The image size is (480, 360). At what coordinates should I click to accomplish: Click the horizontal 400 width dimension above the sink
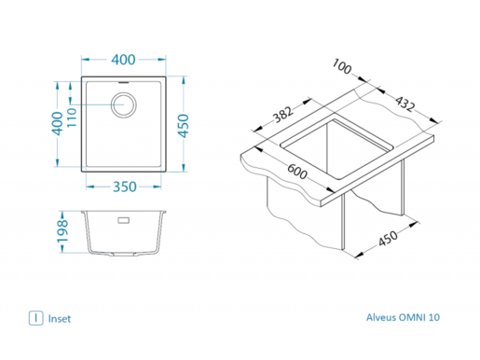[124, 60]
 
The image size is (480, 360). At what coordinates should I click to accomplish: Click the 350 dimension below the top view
[124, 187]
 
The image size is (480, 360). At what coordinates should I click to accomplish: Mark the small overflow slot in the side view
[123, 222]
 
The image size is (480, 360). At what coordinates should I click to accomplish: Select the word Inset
[60, 318]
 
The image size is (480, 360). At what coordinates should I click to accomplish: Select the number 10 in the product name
[434, 318]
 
